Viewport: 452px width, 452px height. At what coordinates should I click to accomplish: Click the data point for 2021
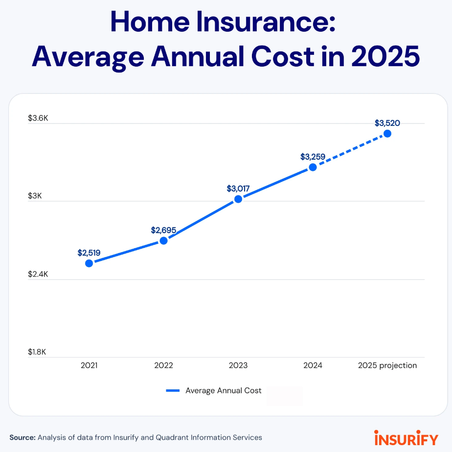click(89, 263)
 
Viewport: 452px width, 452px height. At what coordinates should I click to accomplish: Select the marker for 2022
click(164, 240)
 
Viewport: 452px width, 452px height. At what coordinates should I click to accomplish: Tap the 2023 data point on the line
click(238, 199)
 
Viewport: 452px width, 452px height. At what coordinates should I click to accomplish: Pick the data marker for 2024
click(313, 167)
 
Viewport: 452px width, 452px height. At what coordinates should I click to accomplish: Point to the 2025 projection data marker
click(387, 133)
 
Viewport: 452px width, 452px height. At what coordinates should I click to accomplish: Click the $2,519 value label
click(89, 253)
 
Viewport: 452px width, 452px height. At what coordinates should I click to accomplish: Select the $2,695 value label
click(163, 230)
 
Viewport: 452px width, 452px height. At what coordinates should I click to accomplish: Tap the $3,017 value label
click(238, 189)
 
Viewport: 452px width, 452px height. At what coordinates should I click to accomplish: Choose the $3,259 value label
click(313, 157)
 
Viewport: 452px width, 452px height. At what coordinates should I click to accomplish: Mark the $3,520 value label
click(387, 123)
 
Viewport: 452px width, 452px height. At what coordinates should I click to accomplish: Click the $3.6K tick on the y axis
click(38, 118)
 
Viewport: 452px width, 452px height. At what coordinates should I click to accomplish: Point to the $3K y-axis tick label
click(35, 196)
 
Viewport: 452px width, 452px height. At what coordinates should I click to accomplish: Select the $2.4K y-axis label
click(38, 274)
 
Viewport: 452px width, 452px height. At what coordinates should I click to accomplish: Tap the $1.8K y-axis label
click(38, 352)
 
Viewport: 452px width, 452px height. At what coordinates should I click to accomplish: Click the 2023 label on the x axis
click(238, 365)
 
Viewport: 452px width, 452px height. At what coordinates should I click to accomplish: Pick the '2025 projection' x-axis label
click(387, 365)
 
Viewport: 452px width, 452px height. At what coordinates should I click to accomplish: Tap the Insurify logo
click(406, 437)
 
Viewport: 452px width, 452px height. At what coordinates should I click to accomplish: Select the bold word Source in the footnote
click(23, 437)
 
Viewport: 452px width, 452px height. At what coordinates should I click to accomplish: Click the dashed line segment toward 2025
click(350, 150)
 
